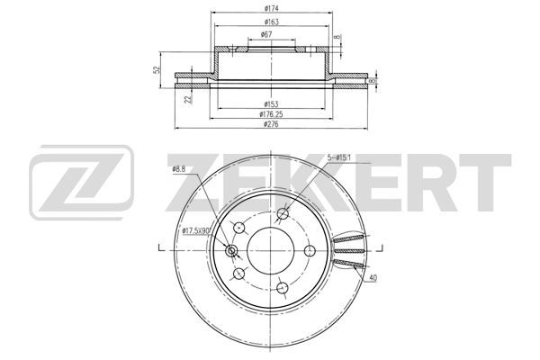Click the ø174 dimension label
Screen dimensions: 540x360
(x=272, y=9)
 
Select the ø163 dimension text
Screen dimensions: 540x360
(x=272, y=22)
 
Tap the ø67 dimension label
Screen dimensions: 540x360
(x=266, y=34)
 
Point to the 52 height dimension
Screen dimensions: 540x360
(x=157, y=69)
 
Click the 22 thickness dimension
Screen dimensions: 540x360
(x=188, y=99)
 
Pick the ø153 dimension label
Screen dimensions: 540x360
(x=271, y=104)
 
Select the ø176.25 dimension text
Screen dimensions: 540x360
(x=271, y=114)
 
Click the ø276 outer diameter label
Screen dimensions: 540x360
(x=271, y=124)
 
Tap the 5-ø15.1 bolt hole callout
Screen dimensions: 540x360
(x=339, y=158)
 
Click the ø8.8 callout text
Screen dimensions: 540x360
(x=179, y=169)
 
